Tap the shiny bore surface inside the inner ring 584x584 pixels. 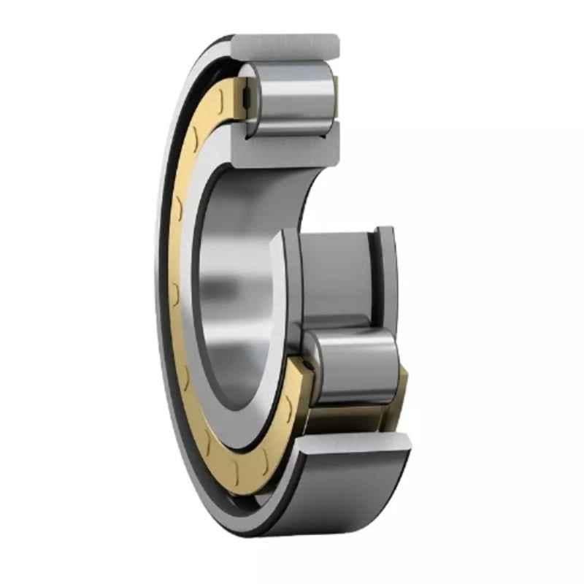(234, 285)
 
